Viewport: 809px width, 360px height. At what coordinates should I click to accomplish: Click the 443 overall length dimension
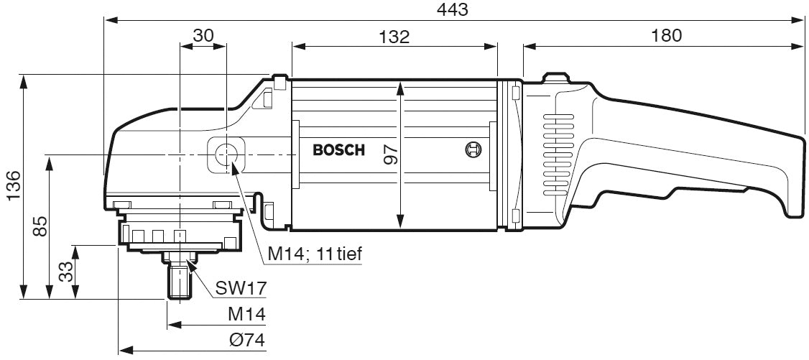pos(453,9)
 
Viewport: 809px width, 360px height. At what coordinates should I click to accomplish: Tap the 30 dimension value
pos(203,35)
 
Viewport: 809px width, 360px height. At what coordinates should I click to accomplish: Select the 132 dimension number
pos(394,36)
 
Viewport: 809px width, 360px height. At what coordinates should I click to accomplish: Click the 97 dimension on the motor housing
pos(390,153)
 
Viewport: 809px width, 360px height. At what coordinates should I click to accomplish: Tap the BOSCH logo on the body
pos(338,151)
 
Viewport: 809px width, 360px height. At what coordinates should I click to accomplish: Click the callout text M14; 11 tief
pos(314,254)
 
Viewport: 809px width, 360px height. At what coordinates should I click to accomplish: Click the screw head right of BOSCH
pos(472,150)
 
